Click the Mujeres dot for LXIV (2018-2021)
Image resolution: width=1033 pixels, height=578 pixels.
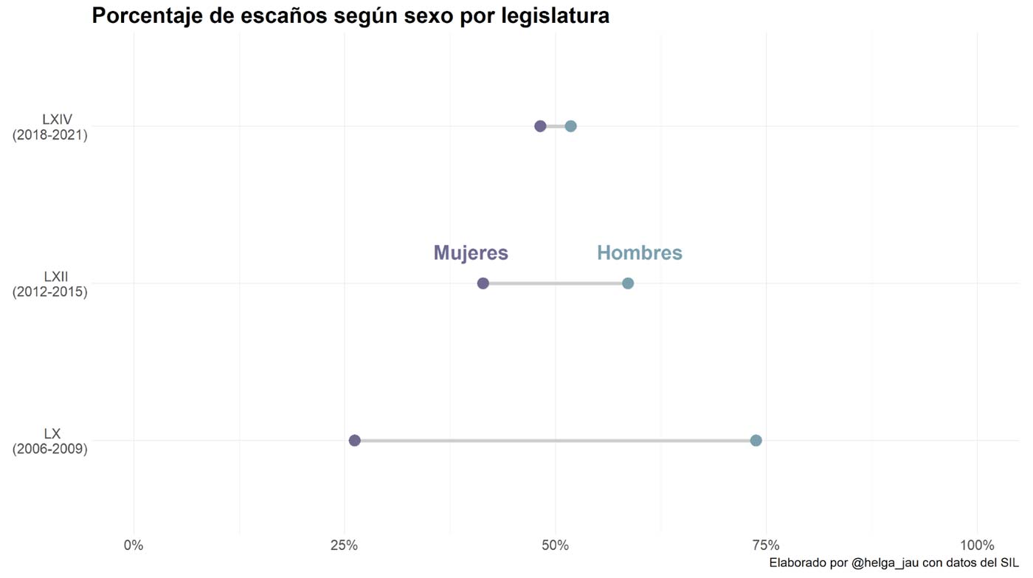pyautogui.click(x=540, y=126)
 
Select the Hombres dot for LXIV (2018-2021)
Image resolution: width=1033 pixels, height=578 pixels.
pyautogui.click(x=570, y=126)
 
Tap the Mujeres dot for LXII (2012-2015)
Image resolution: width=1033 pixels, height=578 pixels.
pyautogui.click(x=483, y=283)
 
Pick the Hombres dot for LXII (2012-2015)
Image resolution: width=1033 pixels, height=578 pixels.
pyautogui.click(x=628, y=283)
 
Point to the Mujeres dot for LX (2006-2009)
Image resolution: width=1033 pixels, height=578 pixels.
pyautogui.click(x=354, y=441)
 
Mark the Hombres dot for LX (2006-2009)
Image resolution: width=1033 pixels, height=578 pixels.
pyautogui.click(x=756, y=441)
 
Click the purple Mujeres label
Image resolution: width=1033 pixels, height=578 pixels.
pyautogui.click(x=471, y=253)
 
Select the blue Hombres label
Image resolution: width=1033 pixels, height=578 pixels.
pyautogui.click(x=639, y=253)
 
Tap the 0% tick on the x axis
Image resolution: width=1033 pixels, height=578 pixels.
pyautogui.click(x=134, y=546)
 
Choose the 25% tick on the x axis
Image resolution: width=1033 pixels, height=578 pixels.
pyautogui.click(x=344, y=546)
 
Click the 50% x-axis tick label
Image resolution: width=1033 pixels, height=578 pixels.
pyautogui.click(x=555, y=546)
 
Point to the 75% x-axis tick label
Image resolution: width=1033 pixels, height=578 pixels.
pyautogui.click(x=766, y=546)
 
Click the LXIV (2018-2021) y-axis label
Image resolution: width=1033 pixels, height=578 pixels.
pyautogui.click(x=50, y=127)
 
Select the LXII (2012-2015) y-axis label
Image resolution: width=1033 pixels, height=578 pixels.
pyautogui.click(x=50, y=284)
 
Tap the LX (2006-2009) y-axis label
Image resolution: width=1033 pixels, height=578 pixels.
pyautogui.click(x=50, y=441)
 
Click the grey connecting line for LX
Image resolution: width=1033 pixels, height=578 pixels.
pyautogui.click(x=553, y=441)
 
